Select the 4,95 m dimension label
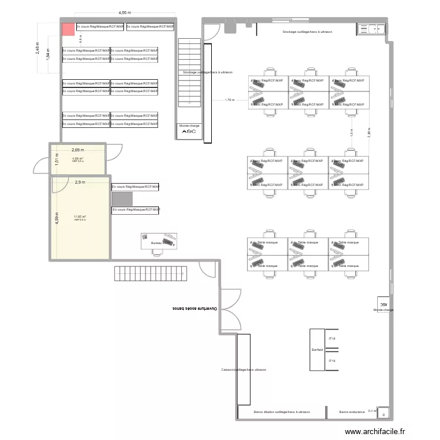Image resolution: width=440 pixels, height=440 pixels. tap(125, 12)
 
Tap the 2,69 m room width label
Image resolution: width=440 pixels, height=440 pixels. tap(78, 150)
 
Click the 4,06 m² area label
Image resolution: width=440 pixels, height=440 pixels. tap(78, 158)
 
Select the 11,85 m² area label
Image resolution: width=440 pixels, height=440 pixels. tap(80, 216)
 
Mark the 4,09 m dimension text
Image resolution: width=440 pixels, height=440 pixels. tap(56, 218)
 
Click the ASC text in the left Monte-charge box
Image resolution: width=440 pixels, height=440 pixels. tap(189, 131)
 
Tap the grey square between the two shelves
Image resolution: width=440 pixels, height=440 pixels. tap(123, 198)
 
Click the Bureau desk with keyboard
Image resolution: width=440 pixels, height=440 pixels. tap(159, 242)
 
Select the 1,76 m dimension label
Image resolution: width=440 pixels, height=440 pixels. tap(229, 100)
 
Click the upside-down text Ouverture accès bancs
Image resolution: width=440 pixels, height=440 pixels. tap(194, 308)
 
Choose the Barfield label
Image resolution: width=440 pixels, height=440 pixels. tap(317, 350)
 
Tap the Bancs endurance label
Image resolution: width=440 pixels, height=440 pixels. tap(352, 412)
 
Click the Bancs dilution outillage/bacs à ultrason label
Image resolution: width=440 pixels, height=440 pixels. tap(282, 412)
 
